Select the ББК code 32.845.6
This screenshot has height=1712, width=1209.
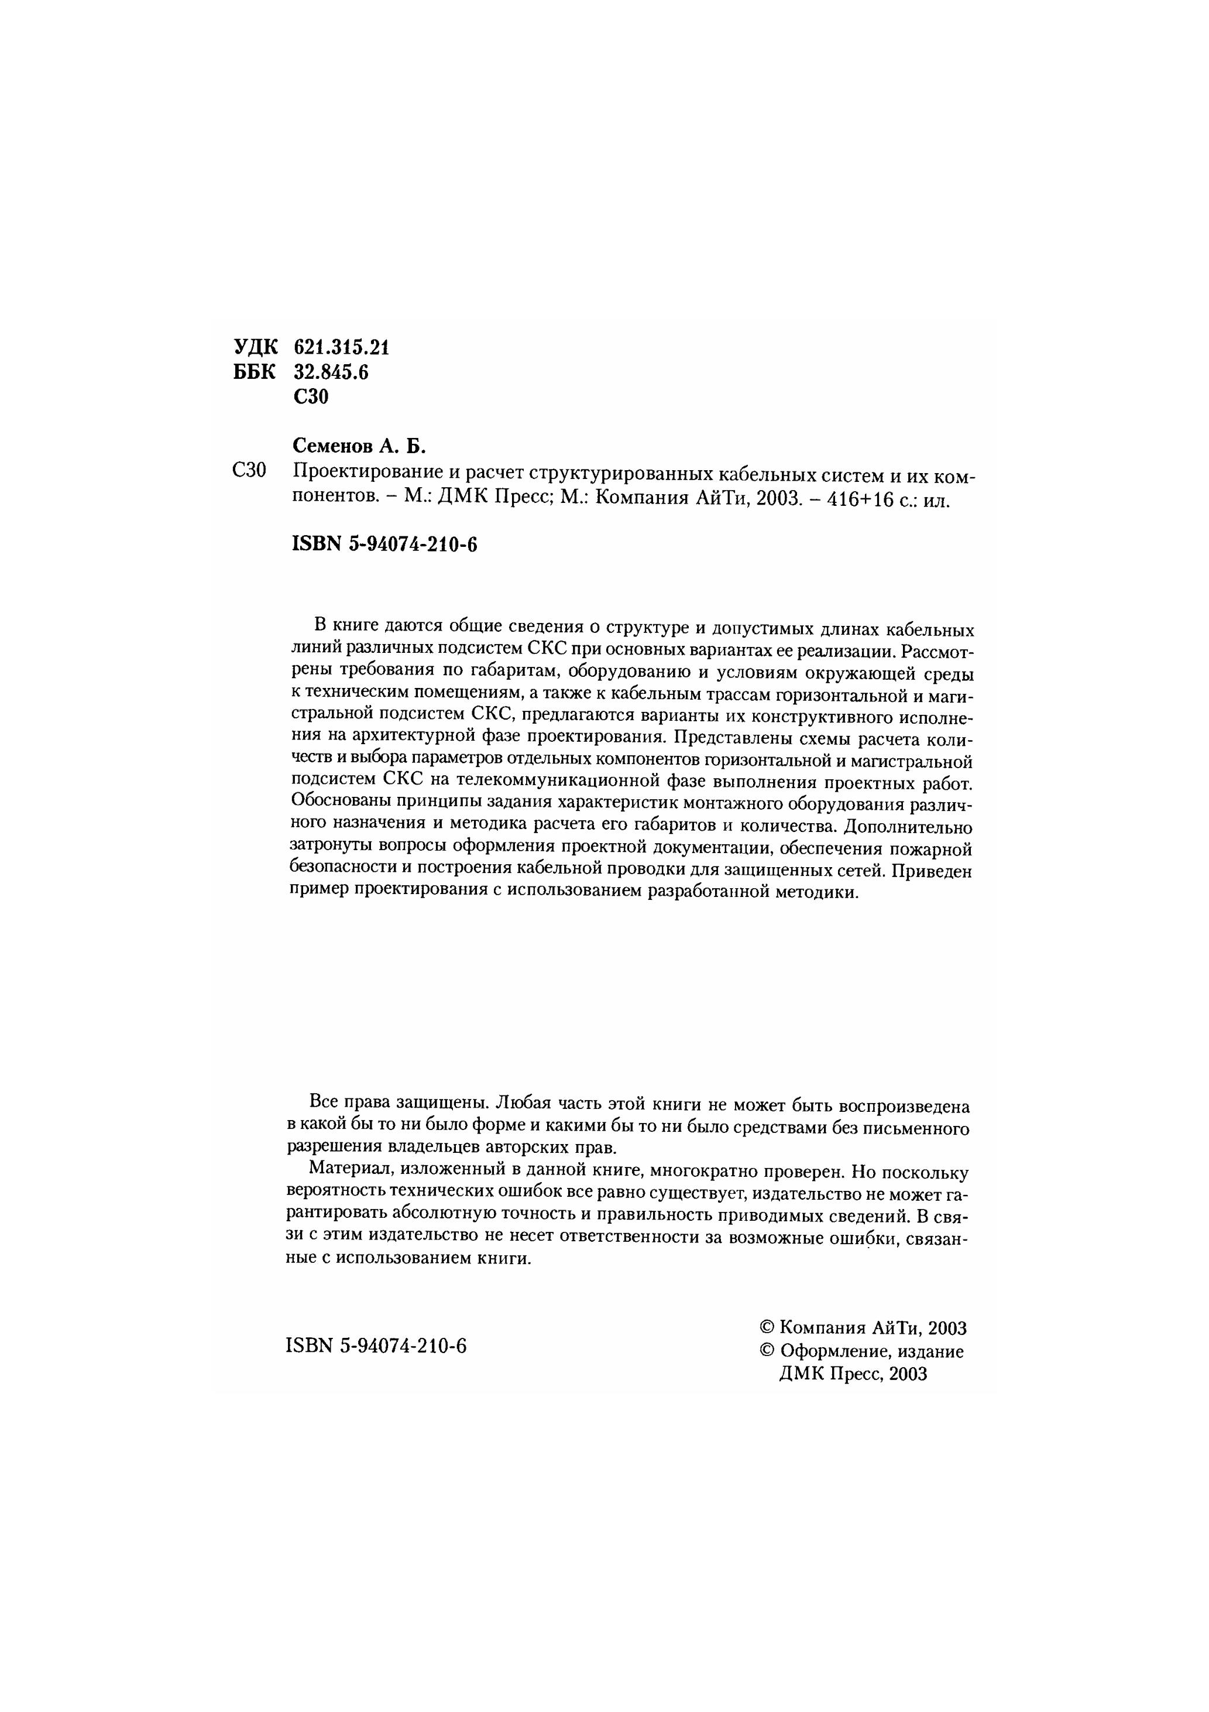tap(332, 372)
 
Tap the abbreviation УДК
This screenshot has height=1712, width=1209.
tap(256, 347)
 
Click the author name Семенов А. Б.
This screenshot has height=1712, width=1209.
tap(359, 446)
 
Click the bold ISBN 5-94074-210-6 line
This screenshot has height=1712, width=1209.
tap(384, 545)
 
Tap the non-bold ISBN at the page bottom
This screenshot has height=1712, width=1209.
tap(376, 1345)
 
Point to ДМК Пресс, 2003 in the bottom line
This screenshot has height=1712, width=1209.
tap(853, 1374)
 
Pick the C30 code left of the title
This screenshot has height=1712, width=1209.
tap(249, 471)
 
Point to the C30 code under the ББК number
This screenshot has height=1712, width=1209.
tap(311, 397)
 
